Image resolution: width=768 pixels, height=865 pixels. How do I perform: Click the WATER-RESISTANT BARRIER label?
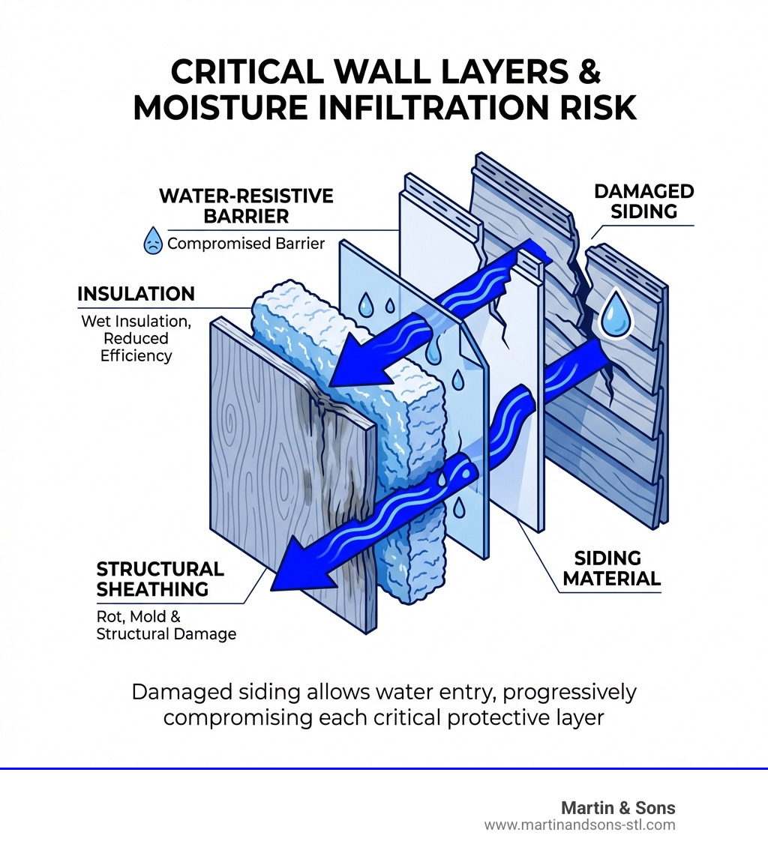point(246,206)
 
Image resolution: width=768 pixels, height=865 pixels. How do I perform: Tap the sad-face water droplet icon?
point(153,243)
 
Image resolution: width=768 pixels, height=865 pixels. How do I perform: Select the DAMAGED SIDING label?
point(643,201)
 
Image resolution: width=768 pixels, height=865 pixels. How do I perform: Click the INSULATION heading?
point(136,294)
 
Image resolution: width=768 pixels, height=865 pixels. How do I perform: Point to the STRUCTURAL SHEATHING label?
point(160,579)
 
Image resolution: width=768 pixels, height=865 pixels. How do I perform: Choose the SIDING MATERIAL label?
point(607,568)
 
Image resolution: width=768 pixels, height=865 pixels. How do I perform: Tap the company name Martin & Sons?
point(618,808)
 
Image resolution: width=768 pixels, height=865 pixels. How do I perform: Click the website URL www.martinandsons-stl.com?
point(580,825)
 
